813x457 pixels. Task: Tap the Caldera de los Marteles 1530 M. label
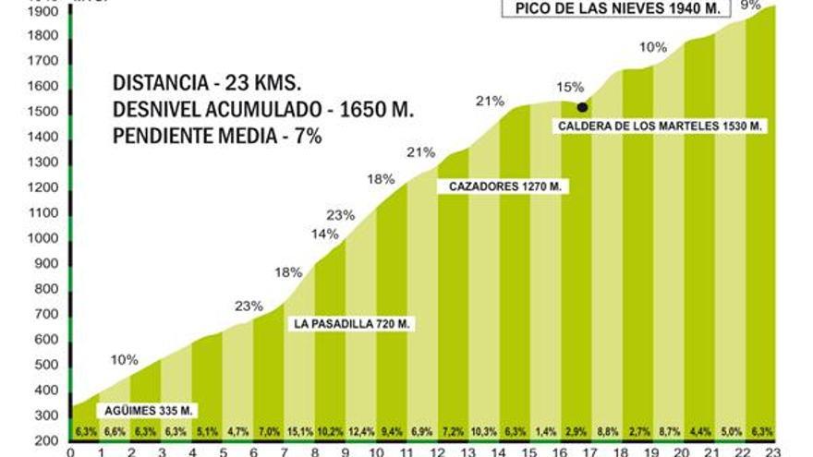coord(661,126)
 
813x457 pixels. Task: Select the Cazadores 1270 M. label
coord(504,186)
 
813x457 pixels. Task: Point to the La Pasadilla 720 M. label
coord(351,323)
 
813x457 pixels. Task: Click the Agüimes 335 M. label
coord(135,410)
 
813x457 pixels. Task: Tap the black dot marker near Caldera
coord(582,107)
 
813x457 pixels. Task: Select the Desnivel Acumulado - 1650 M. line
coord(262,109)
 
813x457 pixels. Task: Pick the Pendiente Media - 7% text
coord(216,137)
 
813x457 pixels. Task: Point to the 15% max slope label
coord(570,87)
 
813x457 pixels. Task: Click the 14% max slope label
coord(324,234)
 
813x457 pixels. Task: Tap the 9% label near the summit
coord(750,6)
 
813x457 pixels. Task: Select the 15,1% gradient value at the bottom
coord(299,431)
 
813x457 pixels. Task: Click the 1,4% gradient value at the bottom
coord(545,431)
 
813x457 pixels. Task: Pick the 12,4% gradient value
coord(360,431)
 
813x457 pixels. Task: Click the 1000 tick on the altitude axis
coord(43,238)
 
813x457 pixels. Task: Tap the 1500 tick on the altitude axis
coord(43,112)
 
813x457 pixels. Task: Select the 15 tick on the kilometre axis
coord(529,451)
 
